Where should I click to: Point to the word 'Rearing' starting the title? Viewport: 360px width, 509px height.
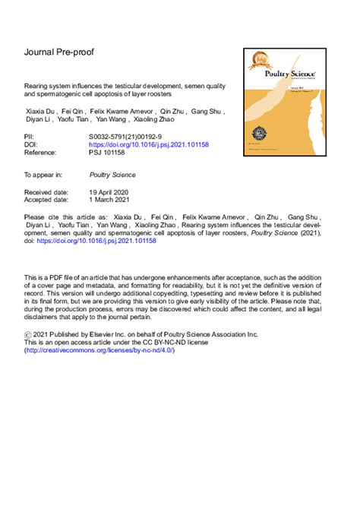[x=39, y=88]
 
